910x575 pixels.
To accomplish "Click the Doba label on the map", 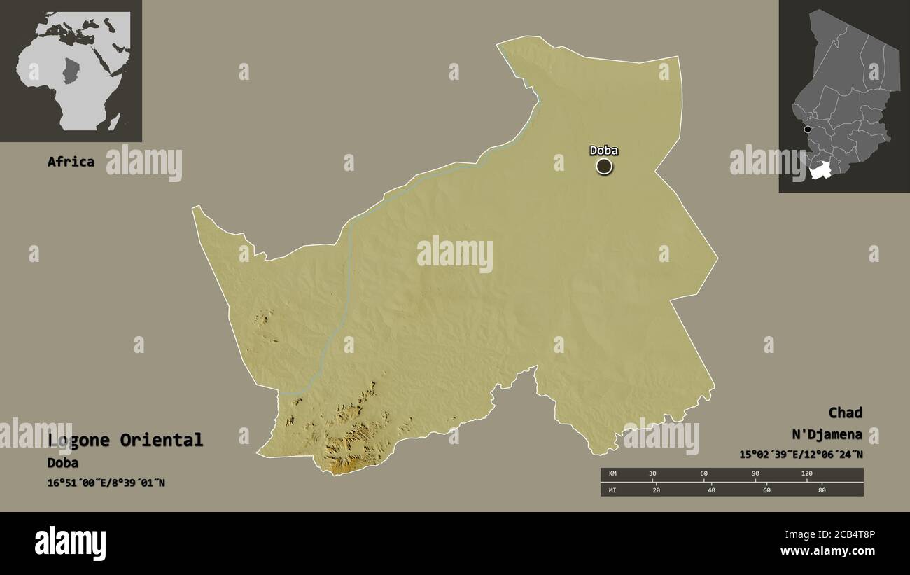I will point(603,150).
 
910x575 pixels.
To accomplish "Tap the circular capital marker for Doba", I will point(604,166).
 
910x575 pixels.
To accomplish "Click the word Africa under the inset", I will point(71,162).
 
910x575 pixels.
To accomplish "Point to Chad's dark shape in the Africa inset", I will point(71,71).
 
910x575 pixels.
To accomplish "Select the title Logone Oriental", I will point(126,440).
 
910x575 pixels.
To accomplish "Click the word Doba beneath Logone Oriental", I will point(63,463).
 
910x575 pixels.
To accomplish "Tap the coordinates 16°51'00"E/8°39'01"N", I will point(106,483).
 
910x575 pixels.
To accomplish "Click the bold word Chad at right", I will point(845,413).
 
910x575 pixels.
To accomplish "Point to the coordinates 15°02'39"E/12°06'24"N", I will point(801,455).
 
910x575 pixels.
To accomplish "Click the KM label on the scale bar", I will point(612,474).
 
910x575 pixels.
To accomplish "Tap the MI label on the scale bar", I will point(612,490).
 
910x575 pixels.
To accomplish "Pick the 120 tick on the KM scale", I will point(806,474).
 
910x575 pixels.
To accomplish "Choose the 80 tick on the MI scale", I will point(822,490).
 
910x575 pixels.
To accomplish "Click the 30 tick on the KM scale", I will point(652,474).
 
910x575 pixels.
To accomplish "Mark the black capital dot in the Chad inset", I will point(807,130).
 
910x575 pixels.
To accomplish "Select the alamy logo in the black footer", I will point(70,543).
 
